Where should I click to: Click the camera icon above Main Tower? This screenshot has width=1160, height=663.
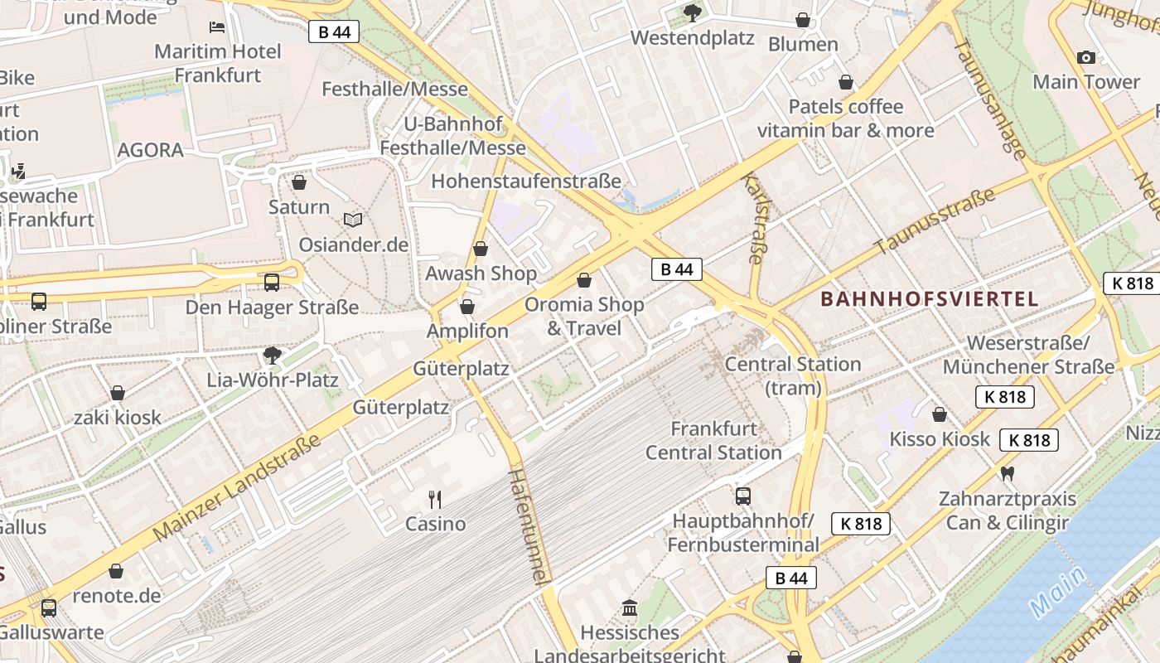[1085, 57]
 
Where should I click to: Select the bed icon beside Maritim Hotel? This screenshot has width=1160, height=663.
[217, 27]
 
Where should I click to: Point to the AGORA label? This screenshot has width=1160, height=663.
[150, 150]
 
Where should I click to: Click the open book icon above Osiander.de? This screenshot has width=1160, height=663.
[353, 220]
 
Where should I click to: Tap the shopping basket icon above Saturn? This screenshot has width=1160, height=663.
[299, 181]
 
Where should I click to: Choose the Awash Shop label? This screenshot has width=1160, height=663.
[481, 273]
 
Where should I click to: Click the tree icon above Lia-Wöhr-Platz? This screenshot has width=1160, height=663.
[272, 356]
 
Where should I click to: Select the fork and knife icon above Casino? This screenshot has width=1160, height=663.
[435, 499]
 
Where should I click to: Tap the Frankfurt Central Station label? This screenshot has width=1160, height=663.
[713, 441]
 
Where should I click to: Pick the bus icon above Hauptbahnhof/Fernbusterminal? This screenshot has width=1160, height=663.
[743, 496]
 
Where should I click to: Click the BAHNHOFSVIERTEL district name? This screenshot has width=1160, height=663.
[929, 299]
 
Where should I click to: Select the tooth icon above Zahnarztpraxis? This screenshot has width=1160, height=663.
[1008, 474]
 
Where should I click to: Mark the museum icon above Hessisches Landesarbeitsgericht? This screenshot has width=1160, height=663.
[630, 608]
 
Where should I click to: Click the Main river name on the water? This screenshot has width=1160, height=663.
[1058, 592]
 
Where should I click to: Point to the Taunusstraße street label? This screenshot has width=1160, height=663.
[934, 221]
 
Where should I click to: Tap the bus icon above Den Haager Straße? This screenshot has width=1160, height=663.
[272, 283]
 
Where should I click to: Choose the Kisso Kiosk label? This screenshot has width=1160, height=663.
[940, 438]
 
